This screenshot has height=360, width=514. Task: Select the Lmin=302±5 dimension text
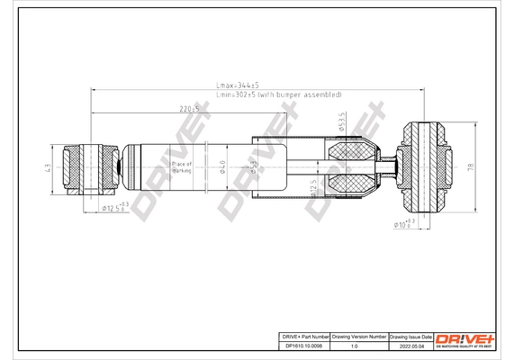[279, 94]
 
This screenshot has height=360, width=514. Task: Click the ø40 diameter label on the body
[222, 165]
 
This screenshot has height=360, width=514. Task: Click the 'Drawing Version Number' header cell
[358, 334]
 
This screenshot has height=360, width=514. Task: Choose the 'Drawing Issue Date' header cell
[410, 334]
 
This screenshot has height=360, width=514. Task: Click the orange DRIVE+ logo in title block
[465, 338]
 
